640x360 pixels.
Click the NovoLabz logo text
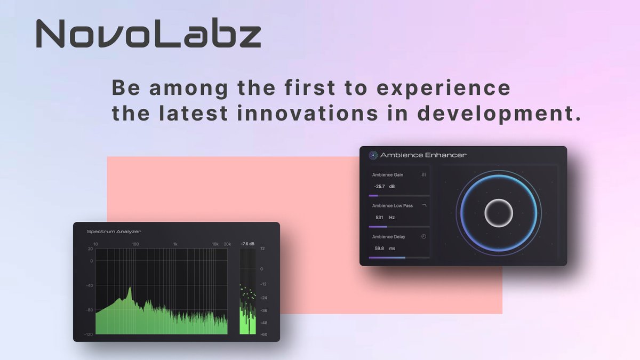(148, 35)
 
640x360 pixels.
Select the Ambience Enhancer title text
(423, 155)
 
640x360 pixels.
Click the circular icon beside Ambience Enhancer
(373, 155)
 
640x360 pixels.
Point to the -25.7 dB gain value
(385, 187)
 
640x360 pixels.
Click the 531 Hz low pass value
(385, 218)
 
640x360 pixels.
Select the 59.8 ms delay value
(385, 249)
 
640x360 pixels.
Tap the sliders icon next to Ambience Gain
(424, 175)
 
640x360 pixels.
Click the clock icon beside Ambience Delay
(424, 237)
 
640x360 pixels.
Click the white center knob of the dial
(499, 213)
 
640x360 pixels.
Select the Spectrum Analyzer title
(114, 231)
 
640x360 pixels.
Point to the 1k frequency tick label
(175, 244)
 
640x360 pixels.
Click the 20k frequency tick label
(227, 244)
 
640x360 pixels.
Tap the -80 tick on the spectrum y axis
(89, 310)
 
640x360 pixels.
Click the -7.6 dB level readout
(247, 244)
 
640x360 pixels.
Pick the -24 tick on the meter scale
(263, 298)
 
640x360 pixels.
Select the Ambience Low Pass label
(393, 206)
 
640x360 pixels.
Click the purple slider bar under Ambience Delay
(387, 258)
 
